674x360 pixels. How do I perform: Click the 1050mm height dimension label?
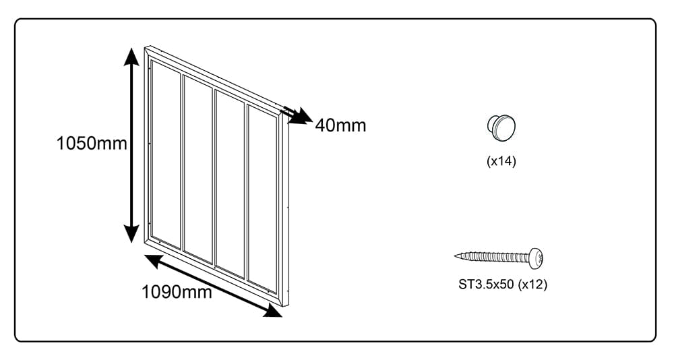pos(92,143)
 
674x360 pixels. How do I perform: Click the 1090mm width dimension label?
pos(177,292)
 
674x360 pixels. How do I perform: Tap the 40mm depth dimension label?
pos(340,125)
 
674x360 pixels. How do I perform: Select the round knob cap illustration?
pos(501,127)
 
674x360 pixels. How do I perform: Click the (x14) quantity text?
pos(501,161)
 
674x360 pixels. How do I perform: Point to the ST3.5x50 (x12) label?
pos(503,284)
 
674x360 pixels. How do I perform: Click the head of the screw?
pos(536,258)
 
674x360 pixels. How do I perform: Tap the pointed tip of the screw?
pos(456,256)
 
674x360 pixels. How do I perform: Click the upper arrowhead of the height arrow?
pos(131,56)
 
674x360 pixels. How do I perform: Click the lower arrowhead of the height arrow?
pos(131,234)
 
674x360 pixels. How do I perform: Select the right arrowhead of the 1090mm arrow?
pos(273,311)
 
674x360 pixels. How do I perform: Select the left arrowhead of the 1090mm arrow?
pos(153,260)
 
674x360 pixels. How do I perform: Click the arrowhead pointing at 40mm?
pos(303,116)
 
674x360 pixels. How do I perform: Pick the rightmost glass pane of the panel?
pos(262,199)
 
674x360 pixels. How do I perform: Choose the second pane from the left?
pos(197,169)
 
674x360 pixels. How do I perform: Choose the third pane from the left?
pos(230,184)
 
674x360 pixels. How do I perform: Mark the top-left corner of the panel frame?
pos(145,46)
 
